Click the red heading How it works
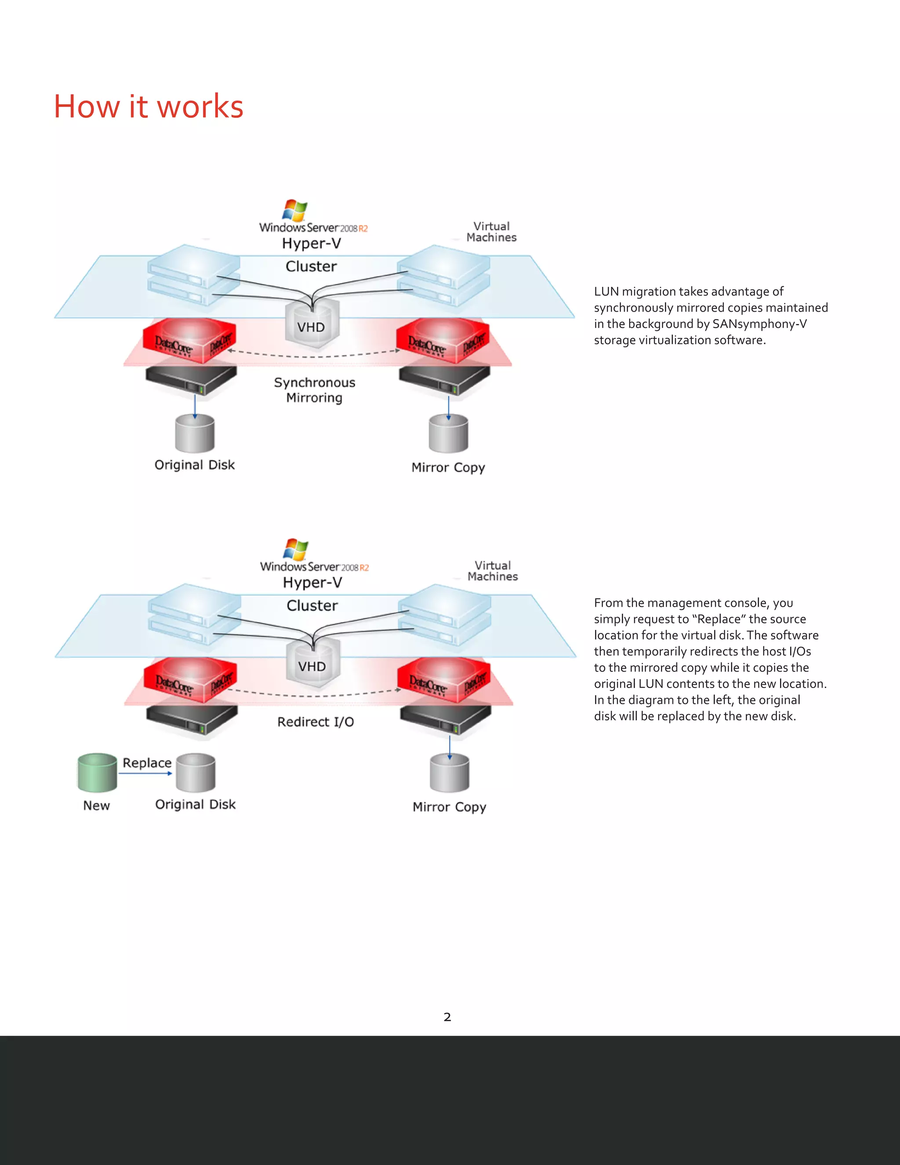[x=148, y=107]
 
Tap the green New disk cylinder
[x=97, y=772]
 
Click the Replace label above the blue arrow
[x=147, y=763]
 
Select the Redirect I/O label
[x=315, y=722]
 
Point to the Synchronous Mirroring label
[x=314, y=390]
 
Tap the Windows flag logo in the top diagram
[x=295, y=210]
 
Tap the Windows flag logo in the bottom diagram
[x=296, y=550]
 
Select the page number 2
[x=447, y=1017]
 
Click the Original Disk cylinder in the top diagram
[x=195, y=433]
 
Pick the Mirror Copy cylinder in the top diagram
[x=448, y=433]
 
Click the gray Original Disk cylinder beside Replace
[x=196, y=772]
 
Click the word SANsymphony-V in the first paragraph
[x=759, y=324]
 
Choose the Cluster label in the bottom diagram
[x=312, y=605]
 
